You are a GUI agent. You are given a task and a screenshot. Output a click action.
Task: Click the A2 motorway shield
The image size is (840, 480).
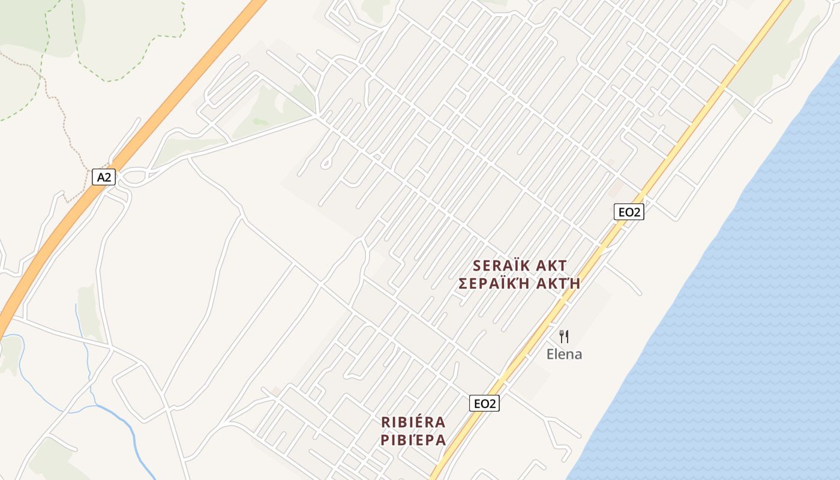click(103, 177)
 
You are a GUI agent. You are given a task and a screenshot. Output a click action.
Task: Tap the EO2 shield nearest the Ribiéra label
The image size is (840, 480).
click(484, 404)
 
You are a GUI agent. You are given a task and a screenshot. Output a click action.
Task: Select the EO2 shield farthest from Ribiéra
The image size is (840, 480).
click(629, 211)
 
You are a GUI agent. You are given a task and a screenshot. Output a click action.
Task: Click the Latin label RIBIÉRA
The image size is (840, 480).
click(413, 422)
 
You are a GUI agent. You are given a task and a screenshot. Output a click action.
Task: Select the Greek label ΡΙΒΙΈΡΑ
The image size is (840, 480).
click(413, 440)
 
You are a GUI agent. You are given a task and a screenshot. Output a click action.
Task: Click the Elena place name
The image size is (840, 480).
click(564, 354)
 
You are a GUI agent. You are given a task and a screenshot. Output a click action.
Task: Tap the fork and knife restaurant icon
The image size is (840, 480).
click(564, 337)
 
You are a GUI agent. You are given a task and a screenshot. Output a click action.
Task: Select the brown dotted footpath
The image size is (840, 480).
click(60, 102)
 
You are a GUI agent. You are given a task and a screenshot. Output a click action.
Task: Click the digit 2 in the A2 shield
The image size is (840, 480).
click(107, 177)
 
